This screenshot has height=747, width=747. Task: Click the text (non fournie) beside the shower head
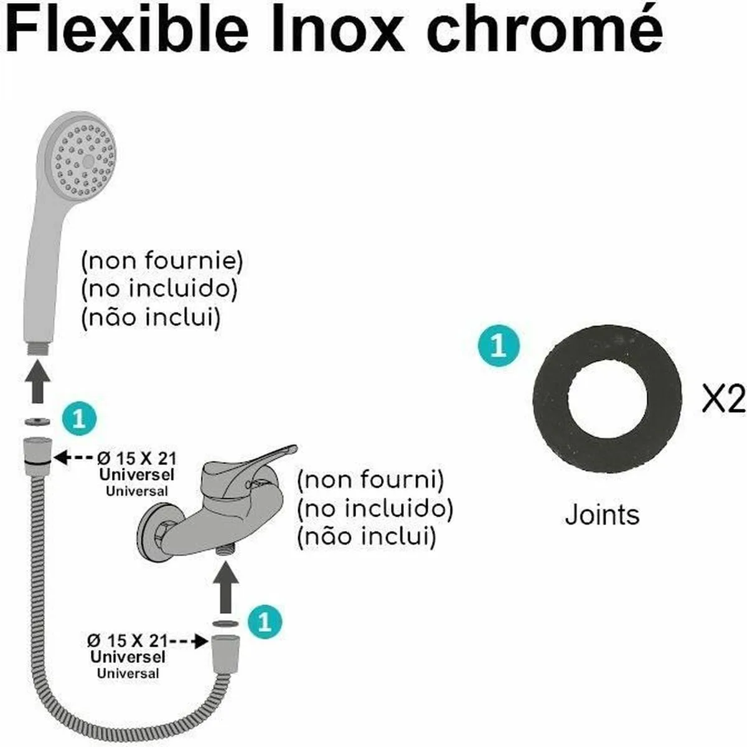(x=162, y=261)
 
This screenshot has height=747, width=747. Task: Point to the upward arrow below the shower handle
(x=39, y=385)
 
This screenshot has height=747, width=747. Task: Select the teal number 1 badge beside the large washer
(x=498, y=346)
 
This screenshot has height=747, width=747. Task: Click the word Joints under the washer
(x=602, y=515)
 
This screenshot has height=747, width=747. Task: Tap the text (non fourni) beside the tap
(x=371, y=480)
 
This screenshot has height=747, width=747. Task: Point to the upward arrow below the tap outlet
(x=225, y=588)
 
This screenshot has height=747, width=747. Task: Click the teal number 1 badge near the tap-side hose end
(x=265, y=622)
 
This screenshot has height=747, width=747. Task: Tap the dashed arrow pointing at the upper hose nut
(x=75, y=458)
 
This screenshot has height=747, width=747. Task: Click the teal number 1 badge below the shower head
(x=80, y=419)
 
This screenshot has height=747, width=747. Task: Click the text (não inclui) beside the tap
(x=367, y=537)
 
